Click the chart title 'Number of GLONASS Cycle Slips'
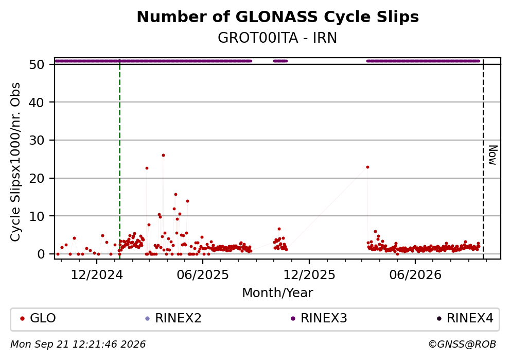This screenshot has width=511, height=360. point(278,17)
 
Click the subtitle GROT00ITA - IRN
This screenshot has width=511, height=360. point(277,38)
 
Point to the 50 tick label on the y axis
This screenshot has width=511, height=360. point(37,64)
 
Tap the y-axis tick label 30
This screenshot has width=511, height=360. point(37,140)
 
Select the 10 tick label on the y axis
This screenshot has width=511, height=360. point(37,216)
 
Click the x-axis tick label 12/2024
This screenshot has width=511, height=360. point(97,275)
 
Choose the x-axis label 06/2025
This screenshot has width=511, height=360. point(203,275)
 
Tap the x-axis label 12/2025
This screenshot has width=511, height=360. point(309,275)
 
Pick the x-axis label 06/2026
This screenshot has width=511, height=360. point(415,275)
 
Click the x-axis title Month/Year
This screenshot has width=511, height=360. point(277,293)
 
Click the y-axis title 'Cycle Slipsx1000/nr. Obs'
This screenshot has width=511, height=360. point(15,162)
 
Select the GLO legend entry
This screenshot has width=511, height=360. point(38,318)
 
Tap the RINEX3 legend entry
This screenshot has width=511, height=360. point(319,318)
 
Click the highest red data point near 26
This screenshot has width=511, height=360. point(163,155)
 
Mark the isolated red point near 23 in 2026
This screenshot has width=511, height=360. point(367,167)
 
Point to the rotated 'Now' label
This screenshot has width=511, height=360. point(493,155)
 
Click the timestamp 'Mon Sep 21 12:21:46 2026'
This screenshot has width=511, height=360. point(78,345)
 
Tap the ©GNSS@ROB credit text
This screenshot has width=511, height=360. point(462,345)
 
